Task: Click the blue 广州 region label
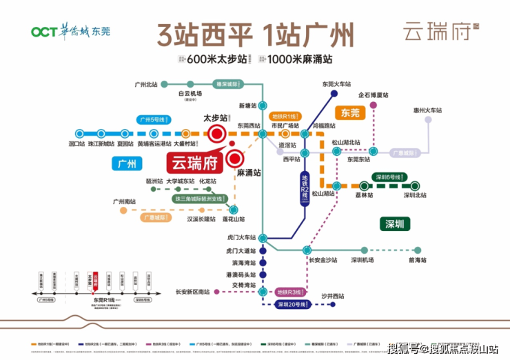[x=127, y=163]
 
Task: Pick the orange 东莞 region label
[x=351, y=112]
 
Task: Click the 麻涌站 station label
[x=249, y=172]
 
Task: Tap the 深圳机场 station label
[x=363, y=260]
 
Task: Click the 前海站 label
[x=417, y=260]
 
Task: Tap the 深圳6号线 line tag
[x=389, y=177]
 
